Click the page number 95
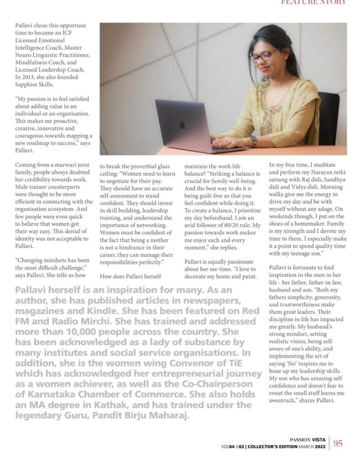click(x=338, y=443)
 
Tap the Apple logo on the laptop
click(x=182, y=125)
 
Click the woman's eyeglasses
click(x=263, y=56)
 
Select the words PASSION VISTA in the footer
click(x=308, y=440)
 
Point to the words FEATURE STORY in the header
click(x=313, y=2)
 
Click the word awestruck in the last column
click(x=283, y=401)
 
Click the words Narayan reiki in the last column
click(x=314, y=173)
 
